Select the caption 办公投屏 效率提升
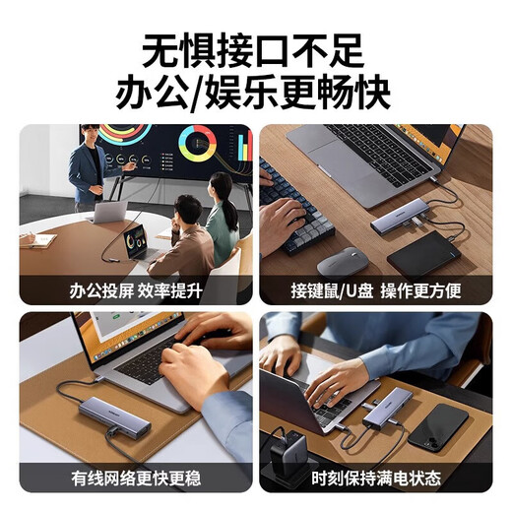pyautogui.click(x=136, y=290)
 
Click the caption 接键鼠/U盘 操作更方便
pyautogui.click(x=375, y=290)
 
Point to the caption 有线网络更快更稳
pyautogui.click(x=136, y=479)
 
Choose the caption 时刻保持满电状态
pyautogui.click(x=375, y=479)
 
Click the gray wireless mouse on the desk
pyautogui.click(x=342, y=261)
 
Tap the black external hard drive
pyautogui.click(x=423, y=254)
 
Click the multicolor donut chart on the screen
pyautogui.click(x=197, y=144)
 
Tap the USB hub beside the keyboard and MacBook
pyautogui.click(x=403, y=216)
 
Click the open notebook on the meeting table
pyautogui.click(x=39, y=239)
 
